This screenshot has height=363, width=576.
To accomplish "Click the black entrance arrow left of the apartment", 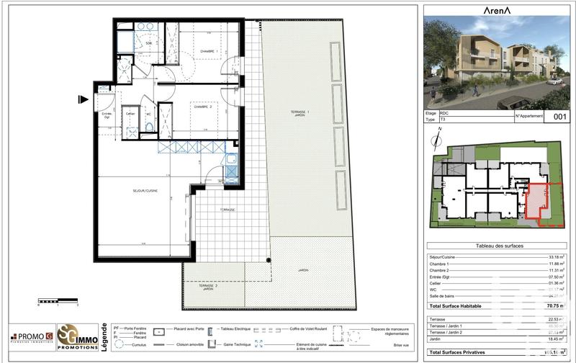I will [x=84, y=100].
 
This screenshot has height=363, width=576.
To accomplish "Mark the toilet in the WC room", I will [x=148, y=127].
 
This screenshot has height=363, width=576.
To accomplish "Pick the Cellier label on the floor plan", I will [x=130, y=114].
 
